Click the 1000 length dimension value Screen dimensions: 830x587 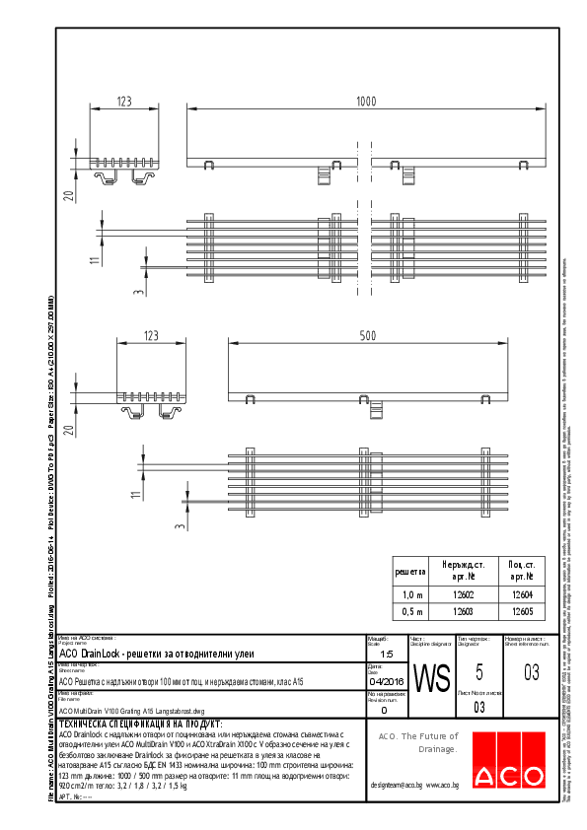366,102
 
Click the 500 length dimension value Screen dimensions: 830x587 367,336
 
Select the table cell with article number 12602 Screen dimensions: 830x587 463,594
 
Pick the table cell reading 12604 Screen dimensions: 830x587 522,594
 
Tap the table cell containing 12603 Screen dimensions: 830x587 463,612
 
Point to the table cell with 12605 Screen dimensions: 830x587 522,612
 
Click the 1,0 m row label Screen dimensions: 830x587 409,594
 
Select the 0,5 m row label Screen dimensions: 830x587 409,612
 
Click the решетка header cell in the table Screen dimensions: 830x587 409,571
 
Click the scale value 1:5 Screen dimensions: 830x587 386,654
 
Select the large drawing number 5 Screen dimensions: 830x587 478,673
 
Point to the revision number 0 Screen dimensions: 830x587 384,709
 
